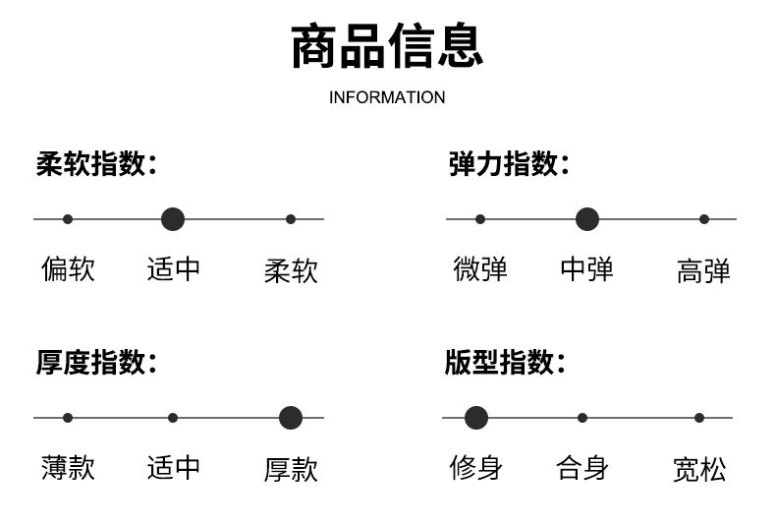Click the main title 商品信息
click(x=387, y=45)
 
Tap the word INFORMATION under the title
click(x=387, y=97)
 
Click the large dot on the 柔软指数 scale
click(x=173, y=219)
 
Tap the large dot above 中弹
click(x=587, y=219)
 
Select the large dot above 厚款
click(x=291, y=418)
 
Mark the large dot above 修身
click(x=476, y=418)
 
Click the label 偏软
click(x=68, y=269)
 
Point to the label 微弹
click(x=480, y=269)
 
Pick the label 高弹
click(x=703, y=271)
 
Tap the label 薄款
click(x=68, y=468)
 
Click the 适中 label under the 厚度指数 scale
click(x=173, y=468)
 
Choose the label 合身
click(x=582, y=468)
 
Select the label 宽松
click(x=699, y=470)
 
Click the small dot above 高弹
click(x=704, y=219)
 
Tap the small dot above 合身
click(x=582, y=418)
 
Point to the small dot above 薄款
click(x=68, y=418)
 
